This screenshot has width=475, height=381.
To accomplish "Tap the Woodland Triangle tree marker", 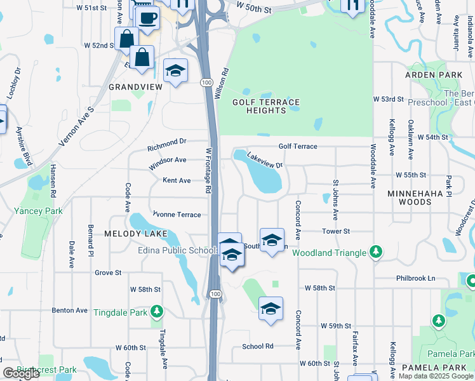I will click(376, 252).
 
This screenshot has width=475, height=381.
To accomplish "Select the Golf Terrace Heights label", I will click(265, 106).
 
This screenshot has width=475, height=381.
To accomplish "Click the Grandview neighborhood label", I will click(133, 86).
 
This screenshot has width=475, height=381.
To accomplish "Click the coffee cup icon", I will click(147, 18).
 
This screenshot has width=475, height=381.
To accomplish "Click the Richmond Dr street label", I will click(166, 144).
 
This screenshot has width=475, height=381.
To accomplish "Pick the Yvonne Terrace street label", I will click(177, 215).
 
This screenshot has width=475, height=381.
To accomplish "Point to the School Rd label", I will click(257, 346).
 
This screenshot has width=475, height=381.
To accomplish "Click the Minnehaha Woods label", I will click(406, 197).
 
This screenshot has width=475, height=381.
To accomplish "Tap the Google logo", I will click(21, 373).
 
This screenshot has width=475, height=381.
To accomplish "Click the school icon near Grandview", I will click(175, 71).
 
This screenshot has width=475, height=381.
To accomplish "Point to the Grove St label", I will click(108, 272).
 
